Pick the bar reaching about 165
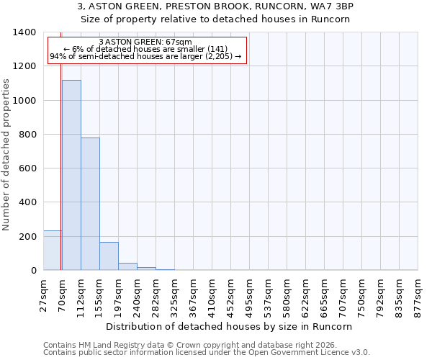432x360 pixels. click(x=109, y=256)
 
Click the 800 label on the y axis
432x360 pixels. click(x=28, y=135)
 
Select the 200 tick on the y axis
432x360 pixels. click(x=28, y=237)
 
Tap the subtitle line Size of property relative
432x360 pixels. click(x=215, y=19)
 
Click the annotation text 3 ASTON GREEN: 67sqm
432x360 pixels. click(x=145, y=42)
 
